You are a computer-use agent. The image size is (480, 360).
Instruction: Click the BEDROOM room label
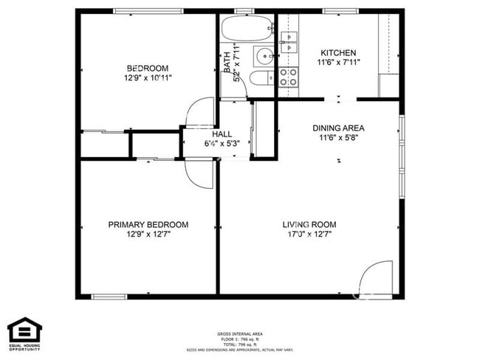coord(148,68)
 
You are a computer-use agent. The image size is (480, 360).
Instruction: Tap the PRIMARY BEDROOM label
coord(148,225)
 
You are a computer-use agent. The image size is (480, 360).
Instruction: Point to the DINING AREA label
coord(338,128)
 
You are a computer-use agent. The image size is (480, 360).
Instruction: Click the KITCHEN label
coord(338,53)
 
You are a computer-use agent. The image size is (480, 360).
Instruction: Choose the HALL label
coord(222,134)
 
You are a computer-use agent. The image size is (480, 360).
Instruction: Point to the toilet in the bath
coord(260,80)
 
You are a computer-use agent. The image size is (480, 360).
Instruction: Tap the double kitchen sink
coord(288,41)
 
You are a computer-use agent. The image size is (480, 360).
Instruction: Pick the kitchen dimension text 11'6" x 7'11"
coord(338,63)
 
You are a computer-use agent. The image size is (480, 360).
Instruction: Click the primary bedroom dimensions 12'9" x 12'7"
coord(148,235)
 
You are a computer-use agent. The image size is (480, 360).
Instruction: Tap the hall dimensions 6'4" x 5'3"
coord(222,143)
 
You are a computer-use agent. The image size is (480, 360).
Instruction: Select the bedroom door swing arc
coord(198,114)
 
